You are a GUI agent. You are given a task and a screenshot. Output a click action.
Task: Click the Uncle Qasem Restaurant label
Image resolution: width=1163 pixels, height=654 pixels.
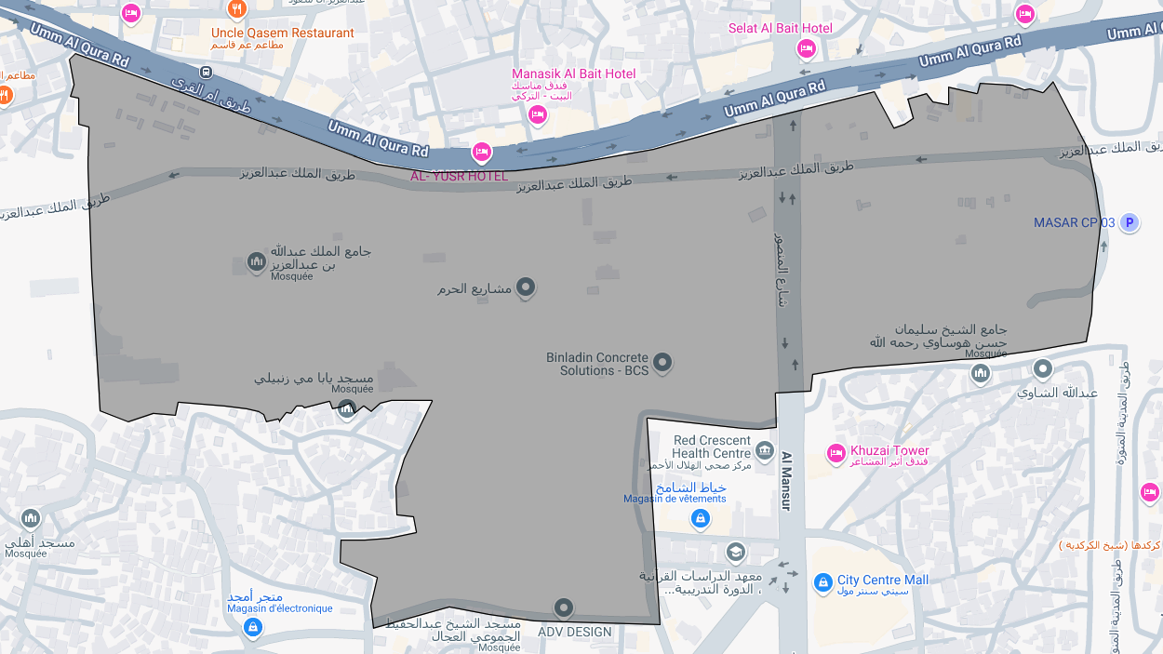[x=282, y=33]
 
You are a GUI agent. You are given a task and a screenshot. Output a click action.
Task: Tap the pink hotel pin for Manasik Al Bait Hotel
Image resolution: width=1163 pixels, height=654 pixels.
[x=537, y=114]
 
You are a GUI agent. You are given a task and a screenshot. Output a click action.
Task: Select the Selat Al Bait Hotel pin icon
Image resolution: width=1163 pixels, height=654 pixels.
[x=806, y=48]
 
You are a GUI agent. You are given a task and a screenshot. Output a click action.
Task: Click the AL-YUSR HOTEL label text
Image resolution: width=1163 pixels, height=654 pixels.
[x=460, y=176]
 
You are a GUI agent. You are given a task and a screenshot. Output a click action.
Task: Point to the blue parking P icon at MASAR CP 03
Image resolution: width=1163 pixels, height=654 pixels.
[x=1129, y=222]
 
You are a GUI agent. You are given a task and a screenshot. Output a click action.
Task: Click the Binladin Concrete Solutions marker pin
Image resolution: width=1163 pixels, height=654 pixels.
[x=662, y=362]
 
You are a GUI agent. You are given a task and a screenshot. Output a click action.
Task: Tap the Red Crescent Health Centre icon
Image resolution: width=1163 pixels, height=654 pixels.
[x=764, y=451]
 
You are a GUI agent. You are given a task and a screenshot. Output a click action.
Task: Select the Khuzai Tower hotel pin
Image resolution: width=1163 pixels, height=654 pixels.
[x=835, y=453]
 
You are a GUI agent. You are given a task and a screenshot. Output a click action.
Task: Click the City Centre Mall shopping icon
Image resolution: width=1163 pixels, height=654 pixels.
[x=822, y=583]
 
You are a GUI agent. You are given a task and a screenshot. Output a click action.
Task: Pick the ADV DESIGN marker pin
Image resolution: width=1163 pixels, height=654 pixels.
[x=563, y=608]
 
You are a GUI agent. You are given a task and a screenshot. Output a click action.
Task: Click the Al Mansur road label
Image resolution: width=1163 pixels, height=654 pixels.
[x=785, y=481]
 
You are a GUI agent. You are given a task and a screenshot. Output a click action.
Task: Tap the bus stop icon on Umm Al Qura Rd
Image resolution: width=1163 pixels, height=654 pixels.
[x=206, y=73]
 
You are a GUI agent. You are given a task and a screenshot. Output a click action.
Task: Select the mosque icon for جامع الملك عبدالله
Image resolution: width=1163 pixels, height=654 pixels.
[x=257, y=262]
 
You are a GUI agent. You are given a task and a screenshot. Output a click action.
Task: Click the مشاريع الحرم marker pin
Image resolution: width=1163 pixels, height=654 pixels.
[x=526, y=287]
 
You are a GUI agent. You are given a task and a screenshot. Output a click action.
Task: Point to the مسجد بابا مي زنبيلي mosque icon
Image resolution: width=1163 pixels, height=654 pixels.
[x=346, y=408]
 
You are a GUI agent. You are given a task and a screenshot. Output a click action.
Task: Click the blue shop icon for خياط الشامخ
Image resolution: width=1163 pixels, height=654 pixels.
[x=701, y=519]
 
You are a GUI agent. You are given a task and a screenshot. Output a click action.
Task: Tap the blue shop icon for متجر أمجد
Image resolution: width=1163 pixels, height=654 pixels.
[x=252, y=627]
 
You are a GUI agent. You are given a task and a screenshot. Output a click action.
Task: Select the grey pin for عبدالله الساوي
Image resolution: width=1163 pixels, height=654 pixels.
[x=1043, y=369]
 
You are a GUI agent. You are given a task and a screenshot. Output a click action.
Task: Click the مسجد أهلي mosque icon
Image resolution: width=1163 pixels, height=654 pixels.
[x=31, y=518]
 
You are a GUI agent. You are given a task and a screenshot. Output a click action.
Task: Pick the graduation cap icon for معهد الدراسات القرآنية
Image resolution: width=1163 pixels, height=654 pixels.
[x=736, y=553]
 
